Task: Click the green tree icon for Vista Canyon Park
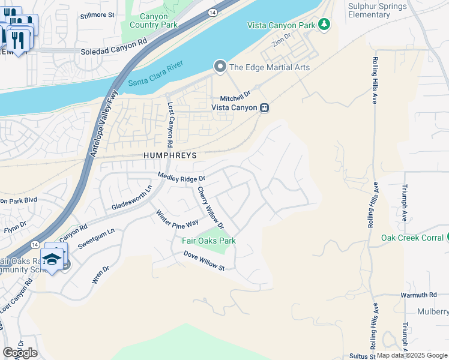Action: [x=324, y=24]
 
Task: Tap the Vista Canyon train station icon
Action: [x=264, y=108]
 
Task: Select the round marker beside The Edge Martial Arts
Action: [x=220, y=67]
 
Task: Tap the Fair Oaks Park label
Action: [x=209, y=241]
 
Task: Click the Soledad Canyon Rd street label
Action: [x=113, y=53]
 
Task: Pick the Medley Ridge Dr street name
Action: [x=181, y=177]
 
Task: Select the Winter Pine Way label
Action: [x=177, y=218]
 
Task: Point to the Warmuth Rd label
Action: [x=418, y=295]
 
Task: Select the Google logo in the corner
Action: [x=20, y=353]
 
